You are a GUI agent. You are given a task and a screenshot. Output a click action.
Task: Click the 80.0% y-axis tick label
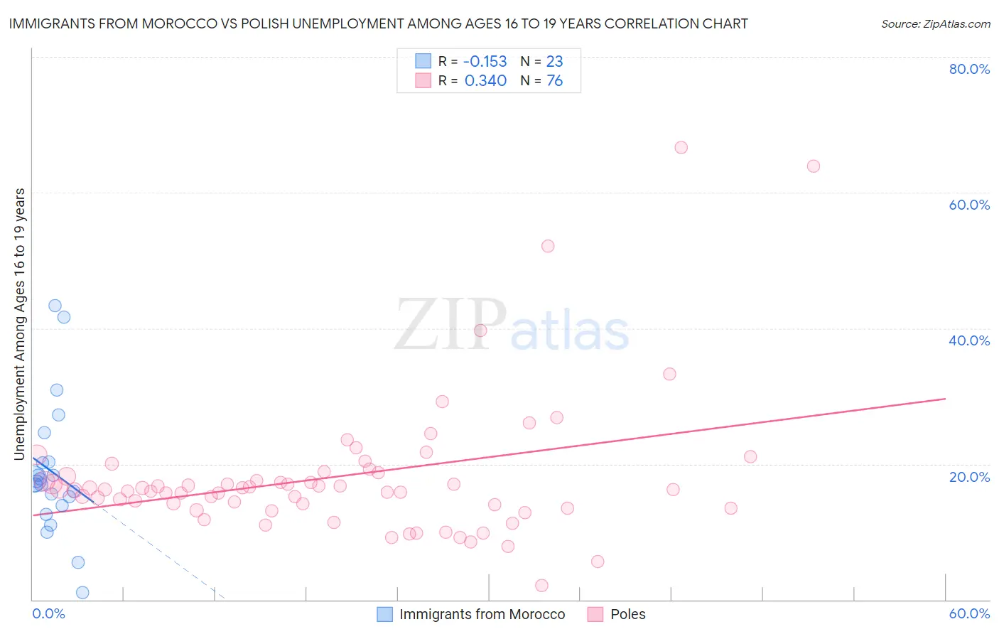point(969,69)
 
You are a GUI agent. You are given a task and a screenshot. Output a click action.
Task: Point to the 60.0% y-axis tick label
point(969,205)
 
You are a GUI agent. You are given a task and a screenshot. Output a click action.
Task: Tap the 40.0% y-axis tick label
point(969,340)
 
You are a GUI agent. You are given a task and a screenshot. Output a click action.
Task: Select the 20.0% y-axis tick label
point(969,477)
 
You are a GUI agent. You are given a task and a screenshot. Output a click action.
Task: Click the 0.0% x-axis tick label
point(48,613)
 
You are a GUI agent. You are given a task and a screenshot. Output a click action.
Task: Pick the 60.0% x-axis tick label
point(969,613)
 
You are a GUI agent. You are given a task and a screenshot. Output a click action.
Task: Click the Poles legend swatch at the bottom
point(595,614)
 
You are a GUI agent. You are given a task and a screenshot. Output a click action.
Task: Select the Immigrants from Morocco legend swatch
point(384,614)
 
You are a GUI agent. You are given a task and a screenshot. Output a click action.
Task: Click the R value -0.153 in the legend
point(485,61)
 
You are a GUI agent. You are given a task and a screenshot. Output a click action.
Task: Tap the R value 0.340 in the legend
point(485,81)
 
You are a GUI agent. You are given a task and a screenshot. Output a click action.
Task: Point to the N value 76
point(554,81)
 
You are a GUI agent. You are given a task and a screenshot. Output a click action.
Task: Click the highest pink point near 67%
point(681,148)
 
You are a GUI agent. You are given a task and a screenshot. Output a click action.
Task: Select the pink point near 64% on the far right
point(814,166)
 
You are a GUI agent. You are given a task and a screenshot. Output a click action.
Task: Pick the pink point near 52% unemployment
point(548,246)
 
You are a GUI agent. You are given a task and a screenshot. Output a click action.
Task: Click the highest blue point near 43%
point(55,306)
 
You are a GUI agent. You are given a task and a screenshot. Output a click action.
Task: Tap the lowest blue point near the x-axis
point(82,593)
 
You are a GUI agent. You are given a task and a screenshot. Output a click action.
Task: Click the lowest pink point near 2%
point(541,586)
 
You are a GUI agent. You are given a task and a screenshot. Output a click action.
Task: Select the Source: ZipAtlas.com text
point(935,23)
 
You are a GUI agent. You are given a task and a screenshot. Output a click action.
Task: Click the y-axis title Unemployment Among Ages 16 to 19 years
point(19,324)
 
